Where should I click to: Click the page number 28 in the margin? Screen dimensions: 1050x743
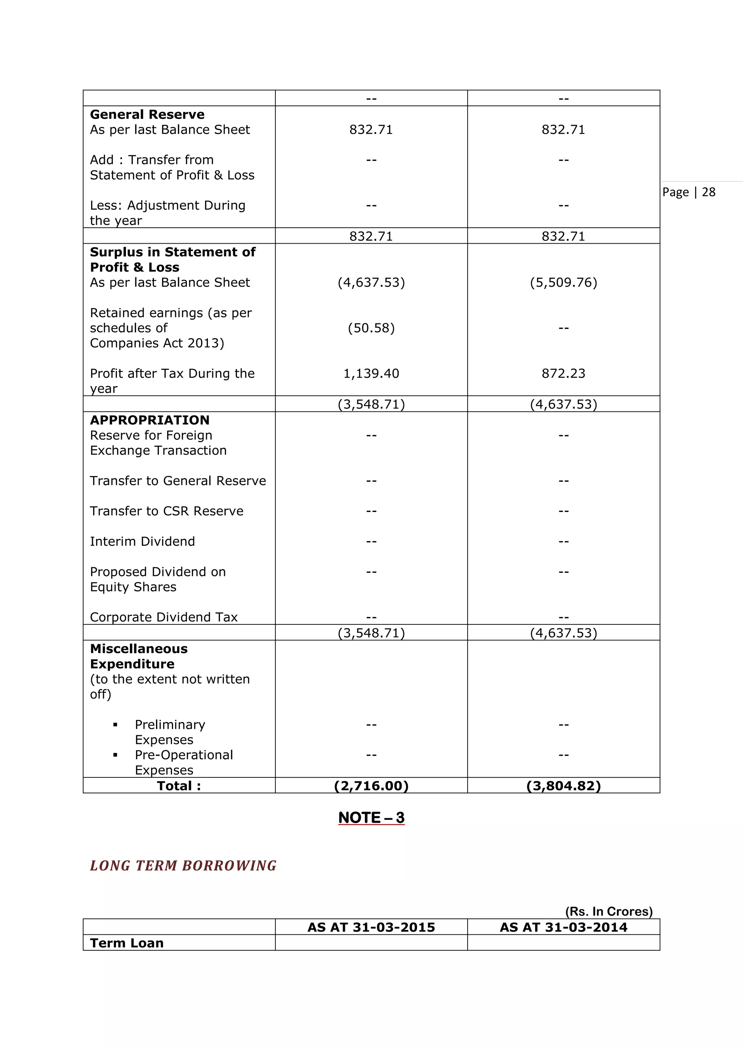pos(708,192)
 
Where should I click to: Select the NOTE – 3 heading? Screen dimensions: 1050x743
pos(371,817)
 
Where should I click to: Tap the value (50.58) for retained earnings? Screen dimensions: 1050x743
pos(371,328)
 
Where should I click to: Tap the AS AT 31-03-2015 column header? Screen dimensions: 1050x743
pos(371,927)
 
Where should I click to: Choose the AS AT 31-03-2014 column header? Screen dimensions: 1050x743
pos(563,927)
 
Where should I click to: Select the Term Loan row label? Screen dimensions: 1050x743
pos(127,943)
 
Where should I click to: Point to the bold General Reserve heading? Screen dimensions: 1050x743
pos(147,114)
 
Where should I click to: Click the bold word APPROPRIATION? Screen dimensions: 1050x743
pos(149,420)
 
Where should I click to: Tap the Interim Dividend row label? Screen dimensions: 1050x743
pos(142,541)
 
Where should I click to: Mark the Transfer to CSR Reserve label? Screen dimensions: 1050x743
pos(167,511)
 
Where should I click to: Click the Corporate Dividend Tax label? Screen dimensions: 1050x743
pos(164,617)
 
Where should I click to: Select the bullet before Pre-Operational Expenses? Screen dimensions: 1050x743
pos(115,755)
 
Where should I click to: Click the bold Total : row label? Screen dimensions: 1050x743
pos(179,786)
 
